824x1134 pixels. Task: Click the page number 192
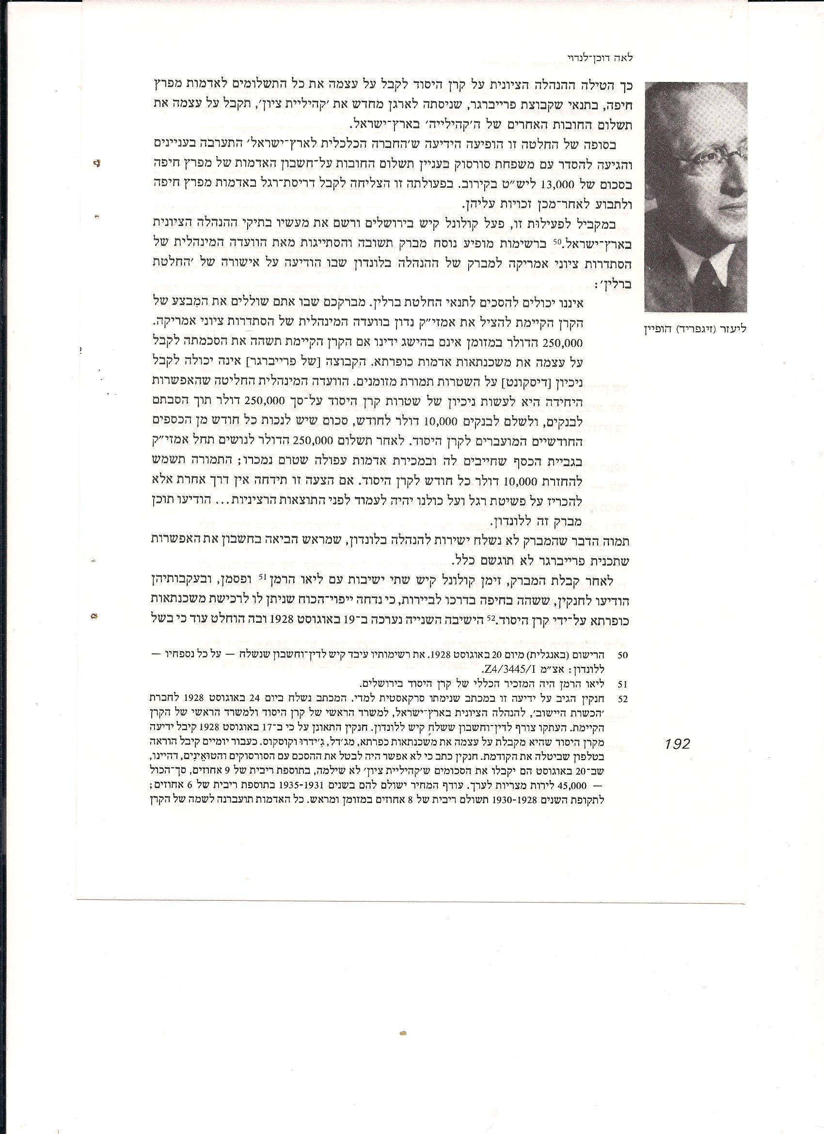(677, 744)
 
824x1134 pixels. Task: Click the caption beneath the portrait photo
(696, 329)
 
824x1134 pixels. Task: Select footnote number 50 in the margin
(622, 654)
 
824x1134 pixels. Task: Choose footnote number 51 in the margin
(622, 683)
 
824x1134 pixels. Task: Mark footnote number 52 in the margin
(622, 699)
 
